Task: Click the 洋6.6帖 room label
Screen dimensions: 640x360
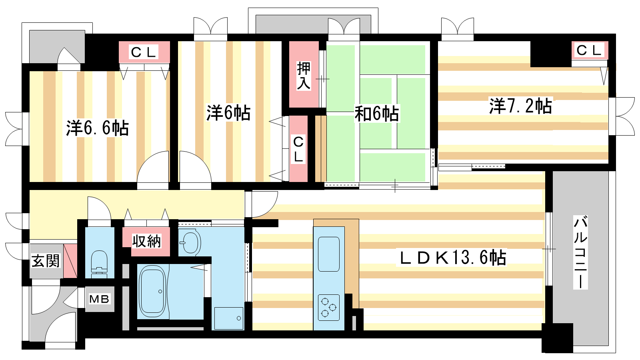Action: (x=98, y=128)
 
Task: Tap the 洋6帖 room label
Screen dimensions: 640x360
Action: (x=228, y=113)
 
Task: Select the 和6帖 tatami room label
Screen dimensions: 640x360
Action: (x=376, y=114)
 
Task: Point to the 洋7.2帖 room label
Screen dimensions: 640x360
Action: (x=520, y=106)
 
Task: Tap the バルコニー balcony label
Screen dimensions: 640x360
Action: (x=580, y=252)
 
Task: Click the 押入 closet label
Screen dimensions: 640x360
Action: (x=304, y=76)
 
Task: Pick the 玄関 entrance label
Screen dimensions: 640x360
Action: (x=46, y=261)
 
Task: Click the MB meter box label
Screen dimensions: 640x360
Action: (x=99, y=299)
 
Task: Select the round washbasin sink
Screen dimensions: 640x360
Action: (x=190, y=242)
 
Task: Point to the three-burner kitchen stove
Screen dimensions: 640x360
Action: (x=328, y=308)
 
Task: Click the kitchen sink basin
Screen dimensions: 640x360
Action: (x=329, y=254)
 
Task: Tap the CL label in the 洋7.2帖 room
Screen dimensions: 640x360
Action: (x=589, y=50)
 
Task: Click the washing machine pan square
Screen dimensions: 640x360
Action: (x=228, y=318)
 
